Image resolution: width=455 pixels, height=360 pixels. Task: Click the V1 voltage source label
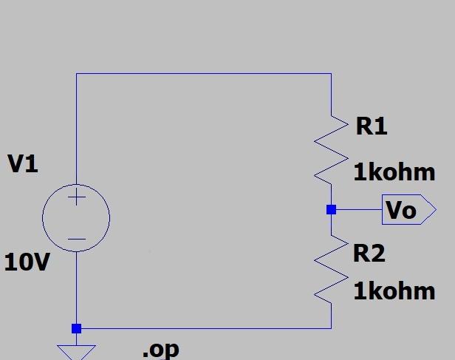[x=23, y=163]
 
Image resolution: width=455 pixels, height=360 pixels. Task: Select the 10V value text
[x=27, y=262]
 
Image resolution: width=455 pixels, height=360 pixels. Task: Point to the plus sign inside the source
[x=76, y=197]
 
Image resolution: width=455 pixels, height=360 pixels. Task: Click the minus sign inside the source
[x=76, y=239]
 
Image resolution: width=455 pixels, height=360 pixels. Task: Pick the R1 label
[x=371, y=126]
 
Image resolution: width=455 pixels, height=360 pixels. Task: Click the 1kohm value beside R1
[x=394, y=173]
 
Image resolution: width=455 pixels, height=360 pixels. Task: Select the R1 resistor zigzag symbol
[x=331, y=148]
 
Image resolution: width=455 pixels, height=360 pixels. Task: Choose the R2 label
[x=369, y=254]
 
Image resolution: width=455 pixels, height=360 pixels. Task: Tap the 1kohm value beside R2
[x=394, y=291]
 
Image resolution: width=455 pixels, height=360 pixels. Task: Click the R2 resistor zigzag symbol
[x=331, y=268]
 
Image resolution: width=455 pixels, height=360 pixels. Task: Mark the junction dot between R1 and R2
[x=331, y=210]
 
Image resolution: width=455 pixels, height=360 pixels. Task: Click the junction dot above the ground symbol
[x=76, y=328]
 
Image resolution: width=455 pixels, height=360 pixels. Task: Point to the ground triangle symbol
[x=76, y=351]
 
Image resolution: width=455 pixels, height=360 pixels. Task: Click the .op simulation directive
[x=160, y=348]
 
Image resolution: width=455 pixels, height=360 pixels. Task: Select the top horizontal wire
[x=203, y=73]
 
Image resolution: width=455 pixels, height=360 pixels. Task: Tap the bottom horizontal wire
[x=203, y=328]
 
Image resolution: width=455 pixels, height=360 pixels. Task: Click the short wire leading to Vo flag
[x=358, y=210]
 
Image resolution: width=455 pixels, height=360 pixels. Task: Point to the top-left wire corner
[x=76, y=73]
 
